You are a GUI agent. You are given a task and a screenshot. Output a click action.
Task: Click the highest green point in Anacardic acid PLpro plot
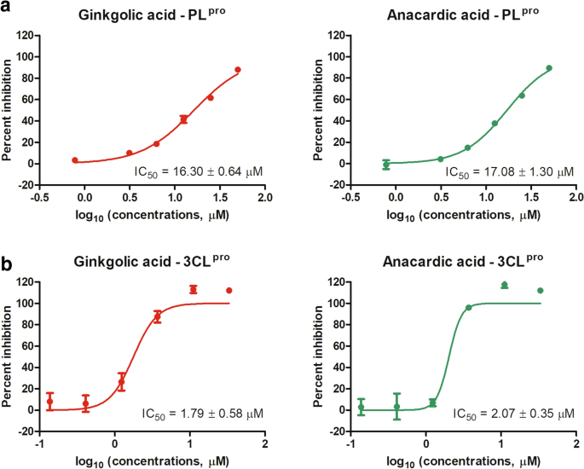(549, 68)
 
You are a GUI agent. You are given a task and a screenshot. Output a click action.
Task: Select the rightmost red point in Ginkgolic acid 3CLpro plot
(228, 291)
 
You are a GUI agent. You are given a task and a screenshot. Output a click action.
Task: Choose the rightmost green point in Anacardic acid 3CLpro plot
(540, 291)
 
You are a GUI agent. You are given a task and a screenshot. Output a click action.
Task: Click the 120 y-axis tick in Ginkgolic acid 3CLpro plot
(28, 282)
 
